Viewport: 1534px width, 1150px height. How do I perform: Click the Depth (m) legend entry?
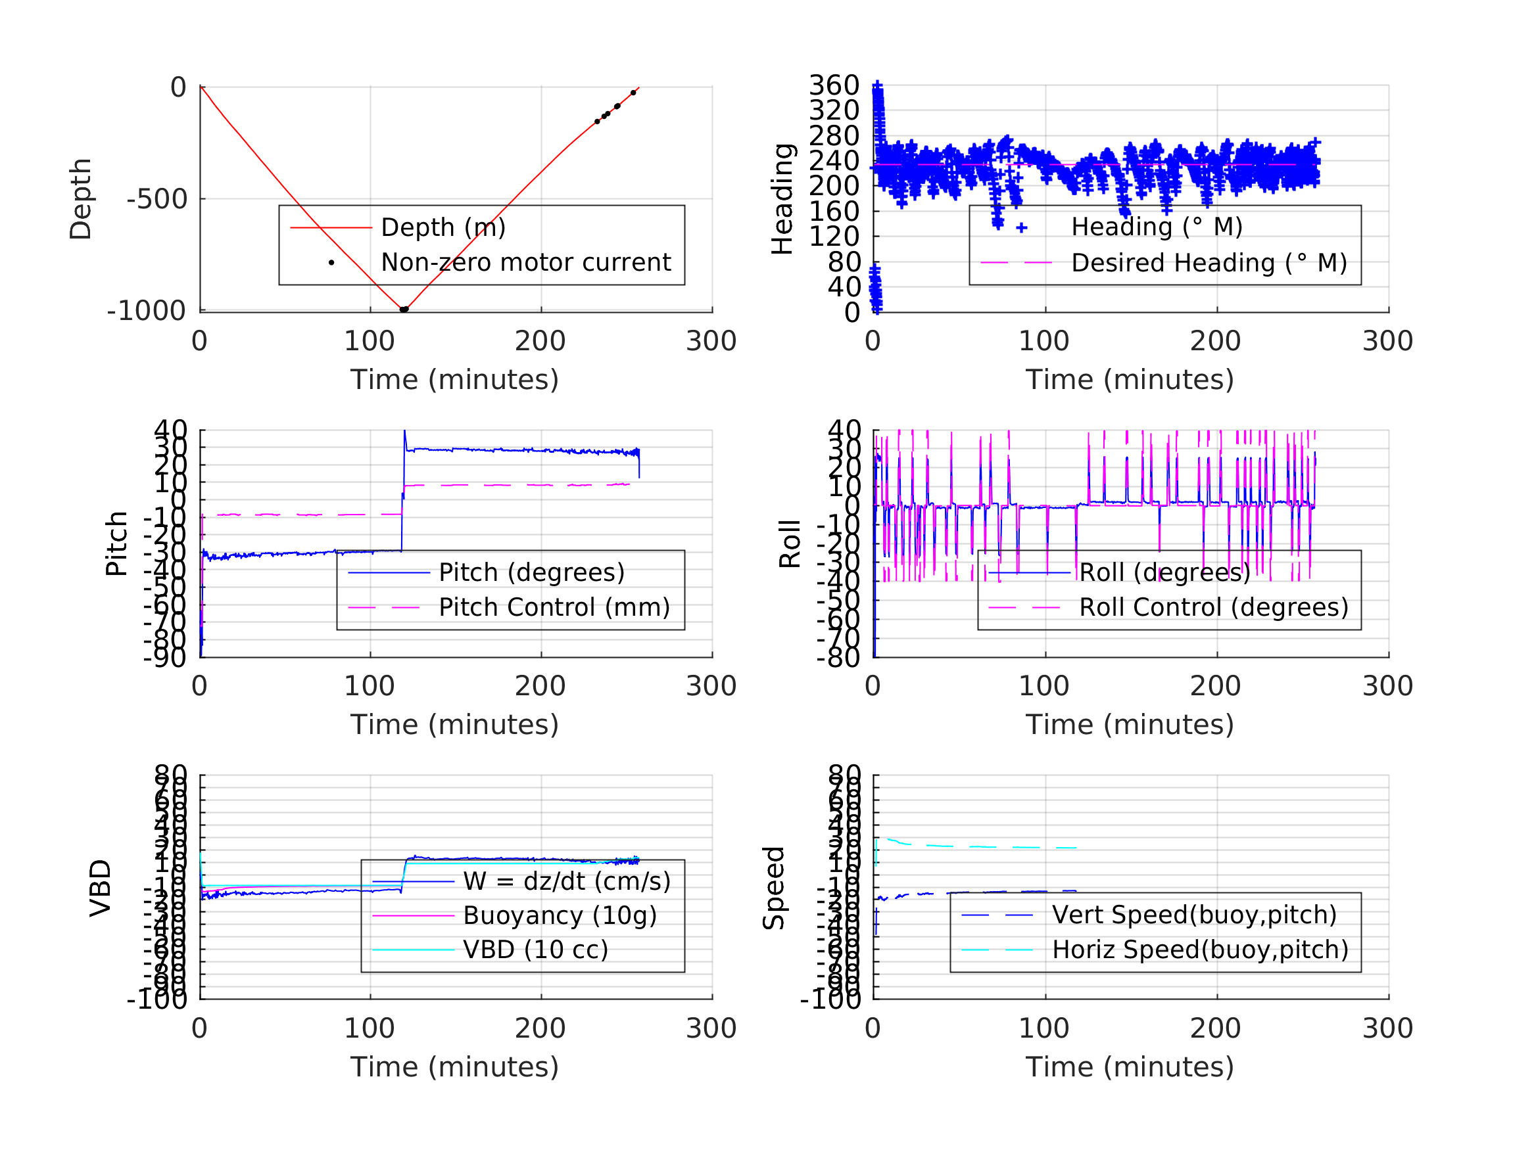(443, 227)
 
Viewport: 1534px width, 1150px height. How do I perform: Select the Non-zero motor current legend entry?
(525, 263)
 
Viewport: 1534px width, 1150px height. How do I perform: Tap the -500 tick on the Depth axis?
(156, 200)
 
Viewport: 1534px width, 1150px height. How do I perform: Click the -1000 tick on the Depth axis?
(147, 311)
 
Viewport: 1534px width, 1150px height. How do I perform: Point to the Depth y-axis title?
(80, 199)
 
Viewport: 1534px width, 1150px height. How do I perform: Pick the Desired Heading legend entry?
(1208, 264)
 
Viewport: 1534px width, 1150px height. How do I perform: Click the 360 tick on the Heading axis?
(834, 85)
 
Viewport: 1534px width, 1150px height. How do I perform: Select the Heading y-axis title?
(782, 199)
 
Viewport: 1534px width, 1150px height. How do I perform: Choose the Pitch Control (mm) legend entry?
(554, 608)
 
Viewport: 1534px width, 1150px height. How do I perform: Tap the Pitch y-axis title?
(116, 543)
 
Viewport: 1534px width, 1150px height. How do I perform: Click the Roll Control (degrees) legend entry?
(1213, 608)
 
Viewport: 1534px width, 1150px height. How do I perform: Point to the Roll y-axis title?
(790, 543)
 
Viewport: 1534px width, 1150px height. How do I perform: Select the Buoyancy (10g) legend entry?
(560, 915)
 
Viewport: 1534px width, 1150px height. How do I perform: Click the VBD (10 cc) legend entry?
(535, 950)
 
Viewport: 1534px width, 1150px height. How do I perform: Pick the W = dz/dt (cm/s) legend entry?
(567, 882)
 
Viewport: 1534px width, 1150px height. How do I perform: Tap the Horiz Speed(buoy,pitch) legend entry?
(1200, 950)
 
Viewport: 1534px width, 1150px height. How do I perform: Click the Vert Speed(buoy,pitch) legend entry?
(1193, 915)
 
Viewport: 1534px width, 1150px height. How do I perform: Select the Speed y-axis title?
(774, 888)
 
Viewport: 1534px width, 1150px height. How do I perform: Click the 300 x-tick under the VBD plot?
(711, 1028)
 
